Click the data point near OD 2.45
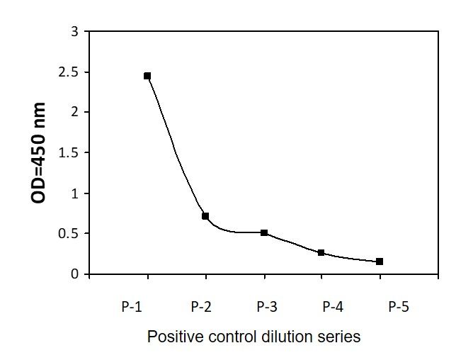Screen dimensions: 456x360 click(x=147, y=76)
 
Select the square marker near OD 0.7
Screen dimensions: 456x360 click(x=205, y=216)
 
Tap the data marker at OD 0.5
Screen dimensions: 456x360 click(x=264, y=232)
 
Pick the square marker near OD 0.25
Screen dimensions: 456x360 click(x=321, y=252)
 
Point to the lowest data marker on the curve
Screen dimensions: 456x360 click(x=380, y=261)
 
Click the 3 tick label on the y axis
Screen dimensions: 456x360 click(x=75, y=31)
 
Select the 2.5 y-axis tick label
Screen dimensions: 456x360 click(x=69, y=72)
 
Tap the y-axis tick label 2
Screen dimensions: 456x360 click(x=75, y=112)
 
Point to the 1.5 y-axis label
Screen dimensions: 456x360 click(x=69, y=152)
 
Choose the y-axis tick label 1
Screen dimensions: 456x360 click(x=75, y=193)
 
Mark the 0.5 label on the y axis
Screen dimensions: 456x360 click(x=69, y=233)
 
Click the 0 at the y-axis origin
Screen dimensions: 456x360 click(x=75, y=274)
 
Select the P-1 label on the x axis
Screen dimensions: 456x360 click(x=132, y=307)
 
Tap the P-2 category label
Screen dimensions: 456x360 click(x=201, y=307)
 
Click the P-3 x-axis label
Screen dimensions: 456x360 click(x=267, y=307)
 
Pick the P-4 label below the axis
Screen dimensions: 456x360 click(x=333, y=307)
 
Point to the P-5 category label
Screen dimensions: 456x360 click(x=399, y=307)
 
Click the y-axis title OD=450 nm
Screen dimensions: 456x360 click(x=38, y=153)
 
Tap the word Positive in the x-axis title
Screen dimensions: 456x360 click(x=176, y=337)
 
